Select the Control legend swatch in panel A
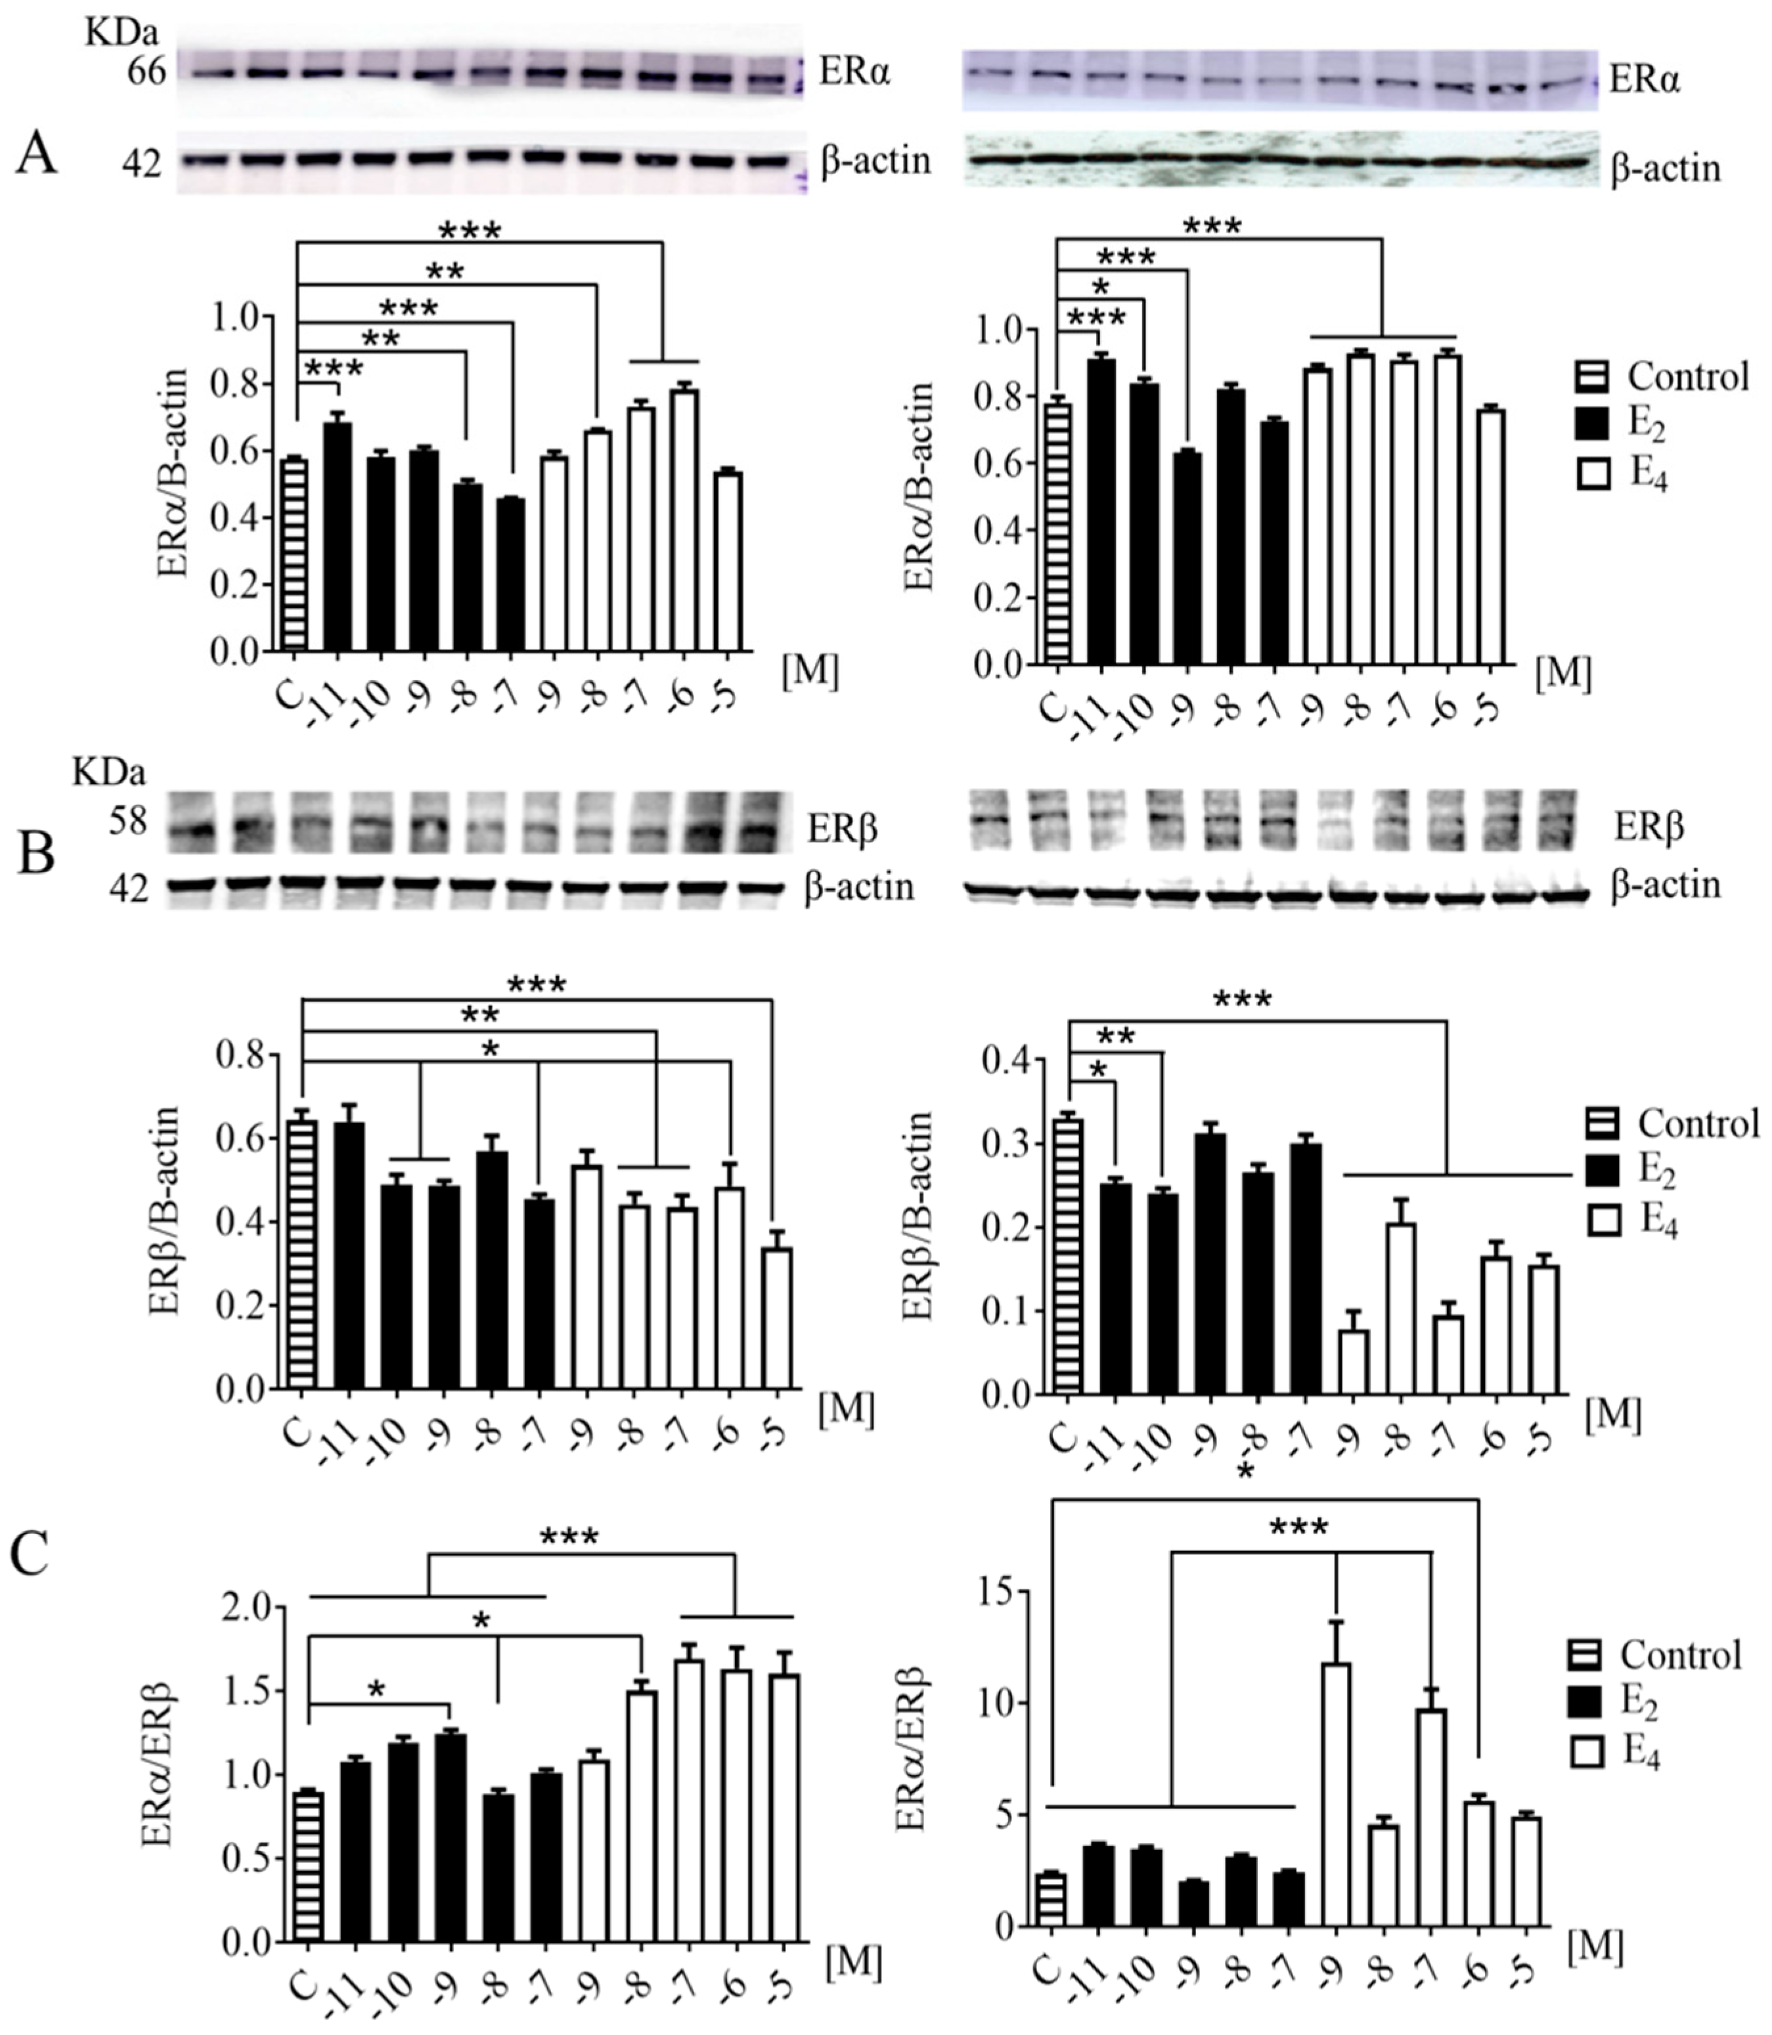tap(1591, 377)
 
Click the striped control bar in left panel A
tap(294, 554)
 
